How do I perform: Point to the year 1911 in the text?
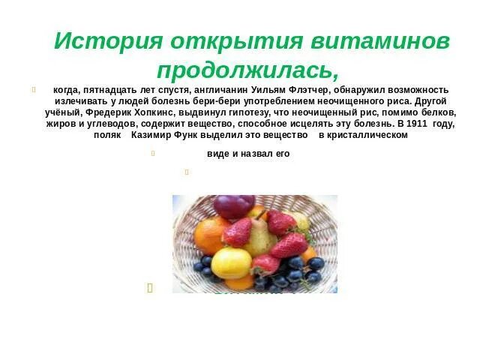pos(418,123)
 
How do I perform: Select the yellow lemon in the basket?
pos(230,263)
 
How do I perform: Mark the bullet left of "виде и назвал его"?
pos(152,154)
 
